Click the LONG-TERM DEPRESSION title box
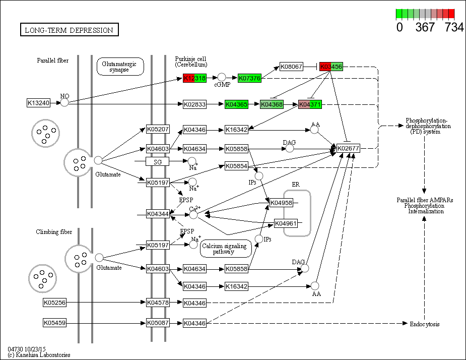click(x=70, y=30)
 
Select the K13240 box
click(x=39, y=103)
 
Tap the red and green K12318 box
click(x=194, y=78)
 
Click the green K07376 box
click(x=250, y=78)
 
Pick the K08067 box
click(x=291, y=67)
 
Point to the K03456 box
click(x=331, y=67)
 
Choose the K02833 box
click(x=194, y=104)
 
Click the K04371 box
click(x=310, y=104)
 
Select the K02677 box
click(x=348, y=149)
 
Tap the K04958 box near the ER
click(x=281, y=203)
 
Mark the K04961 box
click(x=285, y=223)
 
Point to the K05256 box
click(x=55, y=303)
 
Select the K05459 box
click(x=55, y=323)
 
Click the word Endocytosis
click(x=424, y=324)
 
